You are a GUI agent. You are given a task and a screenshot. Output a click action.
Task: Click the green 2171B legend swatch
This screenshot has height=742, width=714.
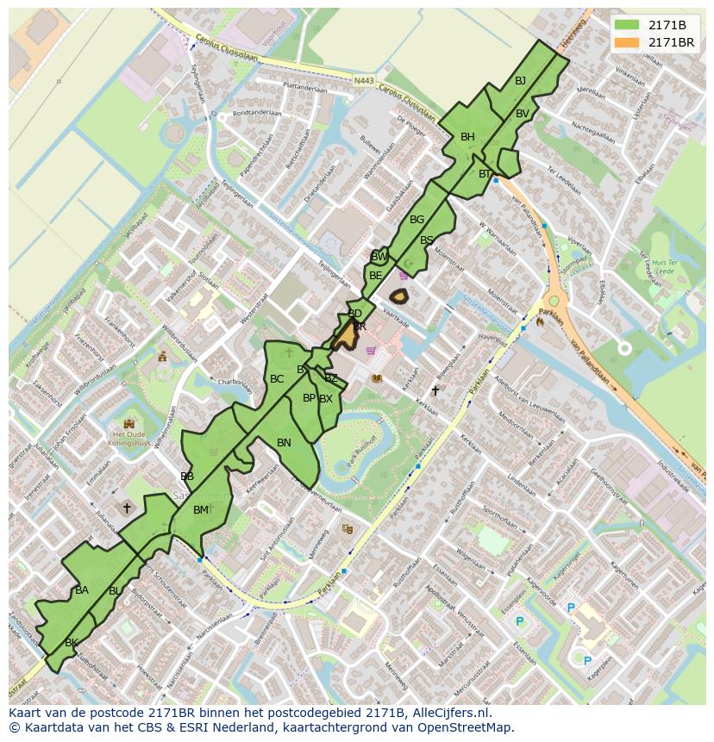628,25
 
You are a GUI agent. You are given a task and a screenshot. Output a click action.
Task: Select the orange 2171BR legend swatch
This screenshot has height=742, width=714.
628,41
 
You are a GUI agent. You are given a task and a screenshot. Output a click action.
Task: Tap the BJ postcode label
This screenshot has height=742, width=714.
520,81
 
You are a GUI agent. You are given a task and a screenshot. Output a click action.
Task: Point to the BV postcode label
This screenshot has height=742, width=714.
523,114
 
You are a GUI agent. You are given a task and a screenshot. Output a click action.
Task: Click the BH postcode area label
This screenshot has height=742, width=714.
467,137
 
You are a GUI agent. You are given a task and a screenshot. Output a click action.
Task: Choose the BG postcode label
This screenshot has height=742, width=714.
416,220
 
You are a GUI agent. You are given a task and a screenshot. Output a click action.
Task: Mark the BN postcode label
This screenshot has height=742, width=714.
284,442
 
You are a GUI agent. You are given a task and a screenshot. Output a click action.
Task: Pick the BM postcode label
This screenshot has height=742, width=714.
200,510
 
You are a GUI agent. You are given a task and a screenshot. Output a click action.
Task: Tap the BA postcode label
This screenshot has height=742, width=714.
82,590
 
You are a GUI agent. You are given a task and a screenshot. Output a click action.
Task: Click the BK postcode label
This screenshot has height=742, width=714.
72,643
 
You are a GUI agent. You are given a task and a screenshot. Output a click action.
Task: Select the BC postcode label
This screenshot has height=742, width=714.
277,379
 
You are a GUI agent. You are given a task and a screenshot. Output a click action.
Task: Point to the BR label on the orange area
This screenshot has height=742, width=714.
360,327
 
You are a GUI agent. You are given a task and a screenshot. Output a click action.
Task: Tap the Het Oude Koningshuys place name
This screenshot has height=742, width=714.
129,440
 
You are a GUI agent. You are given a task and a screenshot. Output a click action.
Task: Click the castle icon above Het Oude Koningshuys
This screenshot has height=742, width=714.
129,423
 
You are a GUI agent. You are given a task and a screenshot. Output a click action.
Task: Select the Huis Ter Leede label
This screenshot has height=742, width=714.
663,265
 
